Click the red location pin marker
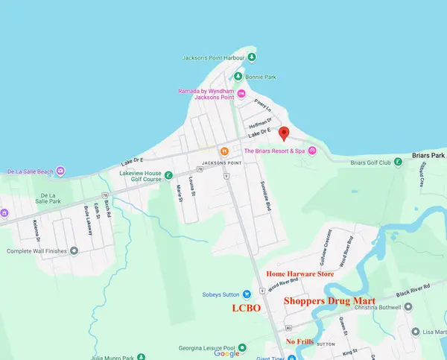click(283, 133)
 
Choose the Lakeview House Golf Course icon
click(169, 175)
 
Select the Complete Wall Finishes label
click(39, 251)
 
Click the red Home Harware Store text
click(300, 274)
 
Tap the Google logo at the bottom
click(227, 353)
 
